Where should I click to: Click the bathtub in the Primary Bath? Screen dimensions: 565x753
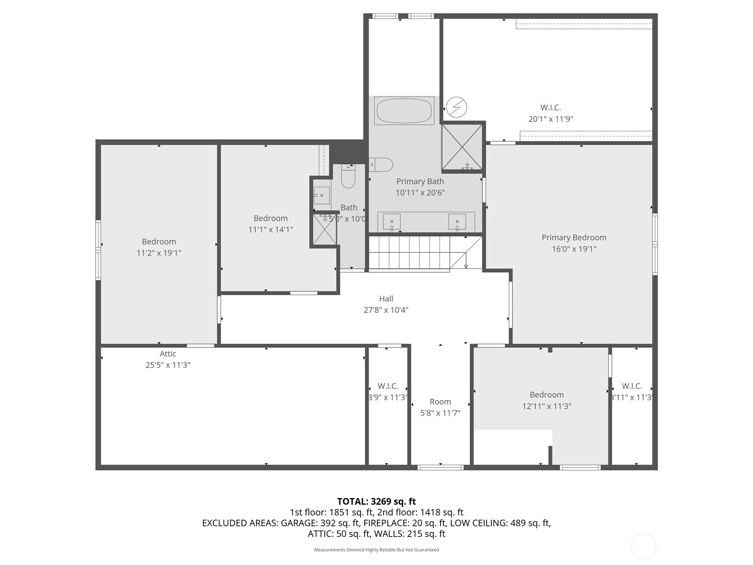[x=404, y=111]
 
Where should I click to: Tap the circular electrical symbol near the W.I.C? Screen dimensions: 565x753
[x=456, y=107]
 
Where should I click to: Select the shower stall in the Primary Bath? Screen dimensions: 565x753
[x=462, y=146]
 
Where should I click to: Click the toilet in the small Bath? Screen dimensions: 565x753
[x=348, y=177]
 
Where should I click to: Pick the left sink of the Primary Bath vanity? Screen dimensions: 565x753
[x=392, y=221]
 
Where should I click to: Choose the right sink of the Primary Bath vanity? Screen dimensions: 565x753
[x=457, y=221]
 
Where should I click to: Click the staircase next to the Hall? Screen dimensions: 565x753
[x=409, y=253]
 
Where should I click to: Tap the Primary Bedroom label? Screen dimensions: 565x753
[x=574, y=237]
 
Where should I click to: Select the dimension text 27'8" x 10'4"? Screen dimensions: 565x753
[x=386, y=310]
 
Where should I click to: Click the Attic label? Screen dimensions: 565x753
[x=168, y=354]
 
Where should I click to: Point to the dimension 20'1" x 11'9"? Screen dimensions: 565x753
[x=551, y=119]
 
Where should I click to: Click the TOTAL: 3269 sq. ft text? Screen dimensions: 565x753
[x=376, y=501]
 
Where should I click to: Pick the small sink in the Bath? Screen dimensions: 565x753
[x=322, y=195]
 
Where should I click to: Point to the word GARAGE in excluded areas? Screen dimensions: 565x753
[x=298, y=523]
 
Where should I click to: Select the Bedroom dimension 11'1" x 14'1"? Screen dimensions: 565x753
[x=271, y=230]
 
